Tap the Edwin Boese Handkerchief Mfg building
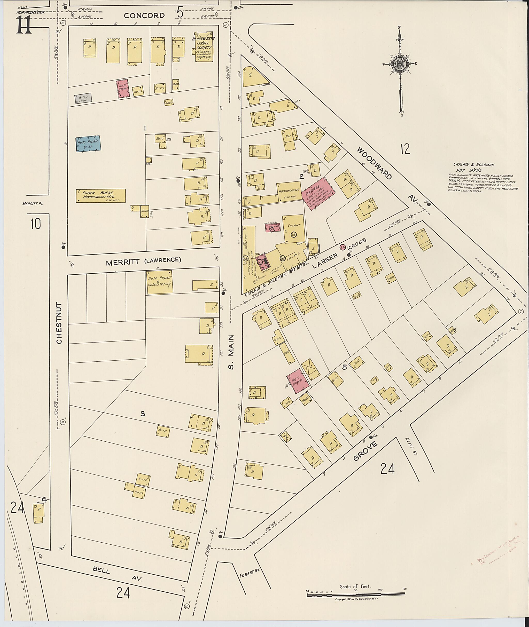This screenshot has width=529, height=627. (x=100, y=195)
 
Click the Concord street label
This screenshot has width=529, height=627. (x=144, y=15)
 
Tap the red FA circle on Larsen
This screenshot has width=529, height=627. (x=342, y=247)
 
